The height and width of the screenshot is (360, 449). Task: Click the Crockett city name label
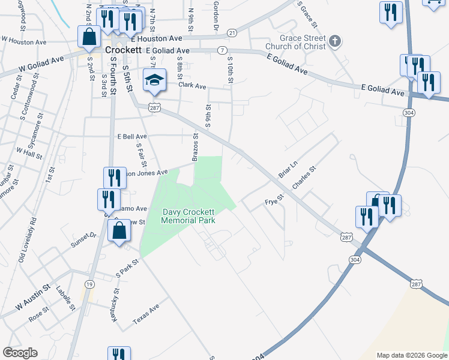(x=122, y=50)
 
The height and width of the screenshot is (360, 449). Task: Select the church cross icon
(x=335, y=41)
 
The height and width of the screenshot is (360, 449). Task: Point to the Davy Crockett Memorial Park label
(x=188, y=216)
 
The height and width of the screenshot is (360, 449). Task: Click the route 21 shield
(x=232, y=32)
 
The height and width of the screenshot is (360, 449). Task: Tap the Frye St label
(x=274, y=202)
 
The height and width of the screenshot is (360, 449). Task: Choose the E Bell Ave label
(x=132, y=137)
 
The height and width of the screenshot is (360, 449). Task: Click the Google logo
(x=20, y=353)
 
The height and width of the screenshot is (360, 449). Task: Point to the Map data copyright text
(x=411, y=355)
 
